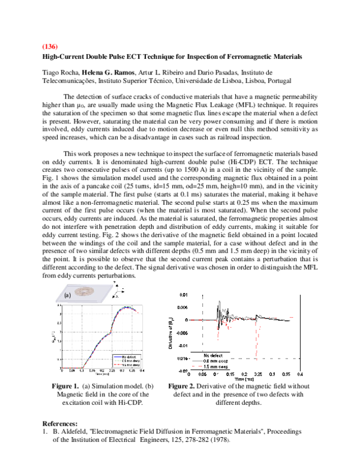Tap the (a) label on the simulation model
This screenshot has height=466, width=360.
(68, 295)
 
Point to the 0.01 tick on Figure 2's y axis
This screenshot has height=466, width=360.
(184, 295)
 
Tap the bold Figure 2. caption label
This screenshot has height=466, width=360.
(183, 386)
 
